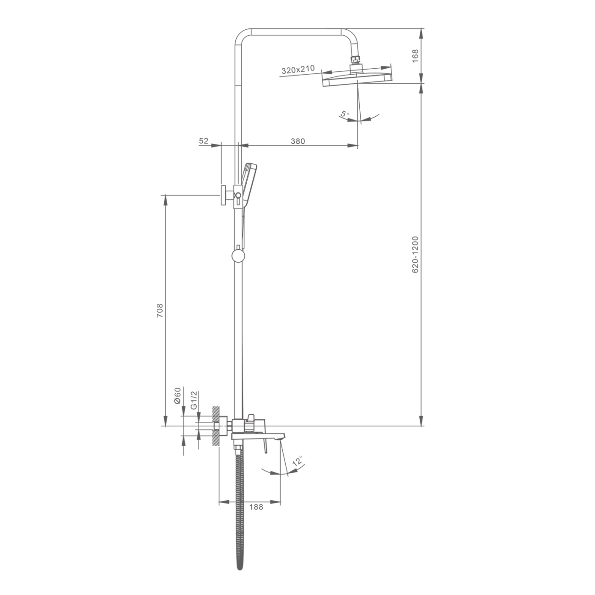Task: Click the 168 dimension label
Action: point(415,56)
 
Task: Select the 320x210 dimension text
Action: point(298,70)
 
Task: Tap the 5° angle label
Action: point(344,114)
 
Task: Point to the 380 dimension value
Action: point(298,141)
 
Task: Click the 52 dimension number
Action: point(204,141)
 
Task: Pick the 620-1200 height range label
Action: point(415,254)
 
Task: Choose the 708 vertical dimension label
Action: point(159,311)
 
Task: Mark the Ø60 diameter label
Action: point(177,396)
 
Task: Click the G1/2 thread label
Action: point(194,400)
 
